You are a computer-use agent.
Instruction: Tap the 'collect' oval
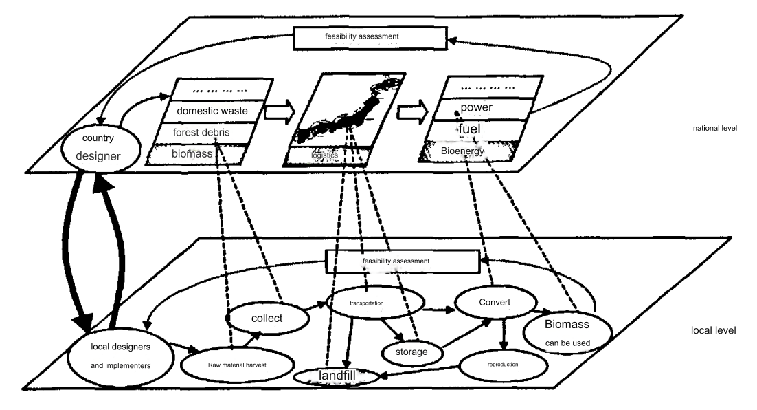[264, 319]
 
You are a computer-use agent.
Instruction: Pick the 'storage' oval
[411, 352]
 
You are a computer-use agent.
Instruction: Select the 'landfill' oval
[337, 376]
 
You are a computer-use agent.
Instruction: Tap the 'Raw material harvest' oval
[234, 365]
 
